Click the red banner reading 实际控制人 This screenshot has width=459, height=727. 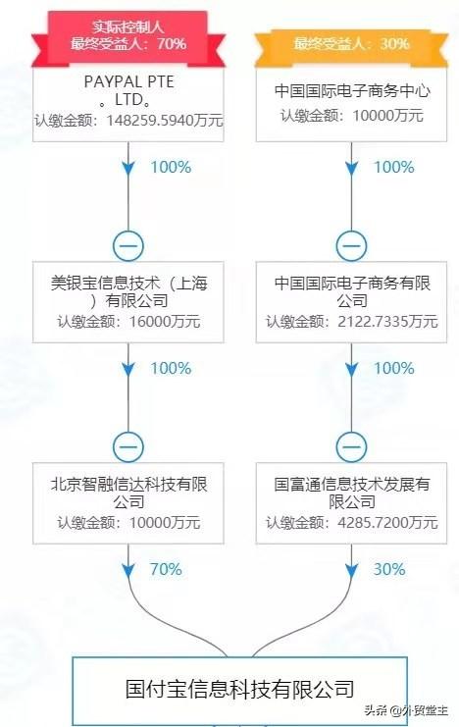point(127,36)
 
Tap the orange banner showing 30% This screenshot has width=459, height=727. point(351,45)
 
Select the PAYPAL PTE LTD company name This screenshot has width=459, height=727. point(128,90)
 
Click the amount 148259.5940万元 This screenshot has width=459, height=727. point(165,121)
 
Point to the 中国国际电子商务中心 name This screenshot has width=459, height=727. point(352,90)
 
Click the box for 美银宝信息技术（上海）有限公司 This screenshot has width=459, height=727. point(127,302)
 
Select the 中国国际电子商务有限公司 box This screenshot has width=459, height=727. point(351,302)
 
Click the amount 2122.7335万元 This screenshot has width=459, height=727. point(387,321)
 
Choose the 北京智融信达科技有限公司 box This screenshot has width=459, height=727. point(127,503)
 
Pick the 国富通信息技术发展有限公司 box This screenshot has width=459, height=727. point(351,503)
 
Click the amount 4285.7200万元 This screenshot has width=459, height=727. point(387,523)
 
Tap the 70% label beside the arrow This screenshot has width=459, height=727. point(166,569)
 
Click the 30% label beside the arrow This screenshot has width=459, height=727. point(389,569)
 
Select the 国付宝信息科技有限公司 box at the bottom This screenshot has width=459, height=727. point(239,690)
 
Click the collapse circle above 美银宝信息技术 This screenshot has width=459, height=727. point(128,245)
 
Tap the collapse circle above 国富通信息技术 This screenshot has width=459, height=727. point(351,447)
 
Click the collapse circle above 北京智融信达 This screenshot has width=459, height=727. point(128,447)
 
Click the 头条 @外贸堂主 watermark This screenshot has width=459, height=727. point(406,710)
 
